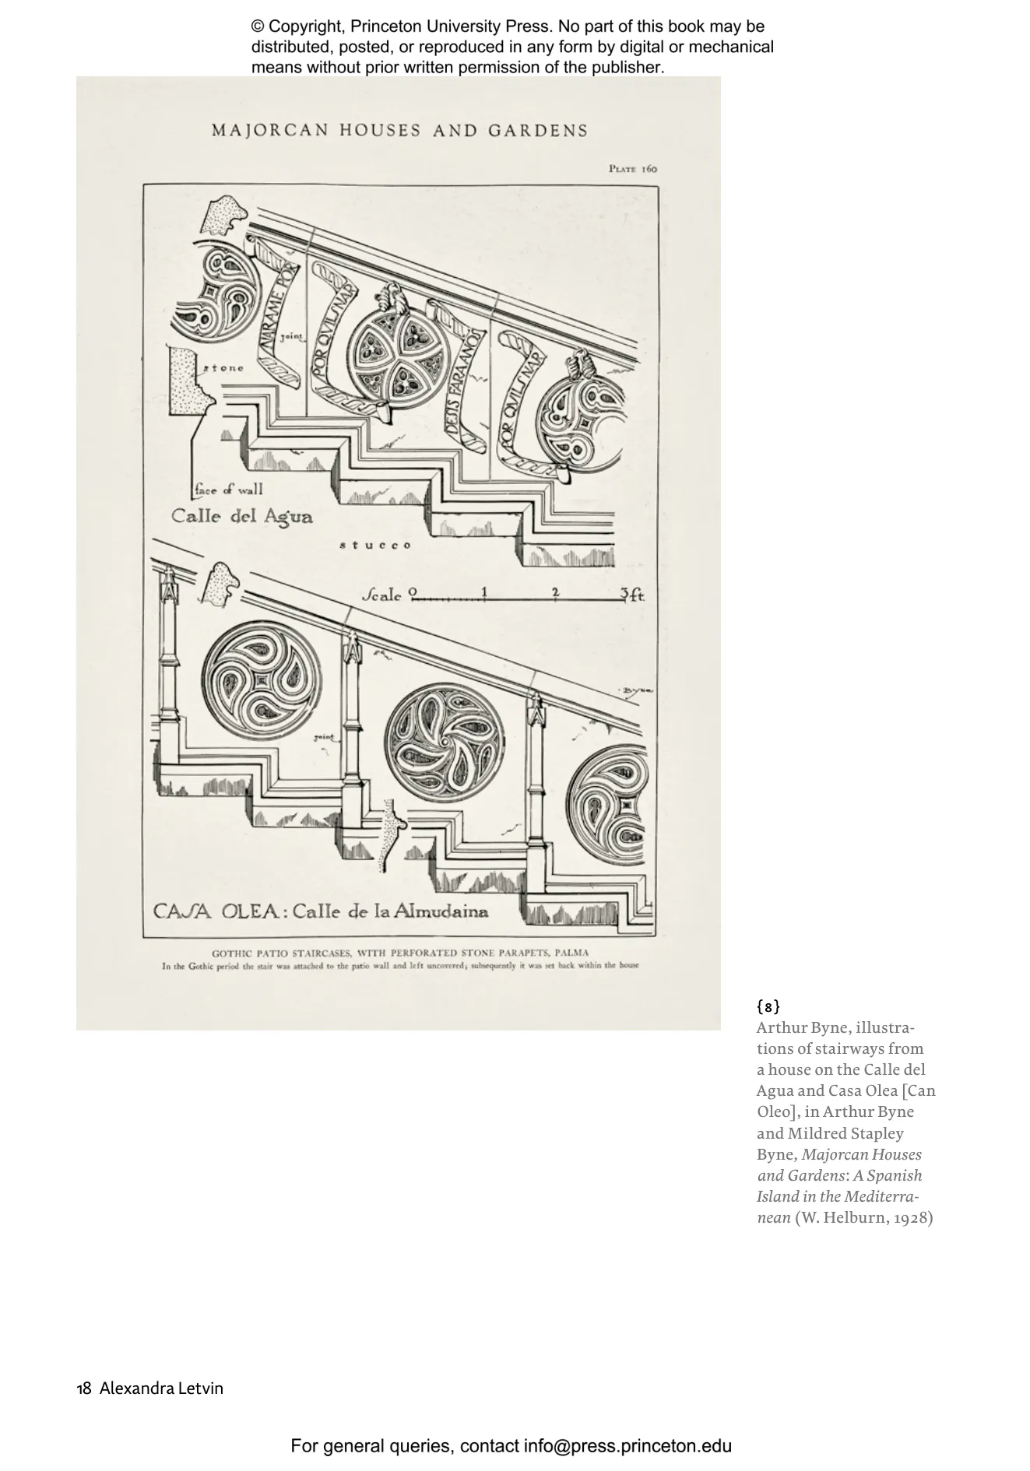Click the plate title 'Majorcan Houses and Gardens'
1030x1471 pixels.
tap(399, 131)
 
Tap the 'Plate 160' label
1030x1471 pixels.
tap(633, 169)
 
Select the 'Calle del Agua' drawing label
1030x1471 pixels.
tap(242, 517)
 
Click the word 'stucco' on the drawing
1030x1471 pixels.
tap(375, 546)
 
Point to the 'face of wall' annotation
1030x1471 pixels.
tap(229, 490)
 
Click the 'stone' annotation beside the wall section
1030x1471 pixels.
tap(223, 368)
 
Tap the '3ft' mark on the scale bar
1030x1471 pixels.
tap(632, 595)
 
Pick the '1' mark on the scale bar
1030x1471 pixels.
tap(484, 592)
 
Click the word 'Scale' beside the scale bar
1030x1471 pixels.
tap(382, 596)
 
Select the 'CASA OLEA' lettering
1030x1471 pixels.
tap(216, 911)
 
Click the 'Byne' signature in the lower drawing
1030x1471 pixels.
tap(637, 690)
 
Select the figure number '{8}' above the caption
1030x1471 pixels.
tap(768, 1006)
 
